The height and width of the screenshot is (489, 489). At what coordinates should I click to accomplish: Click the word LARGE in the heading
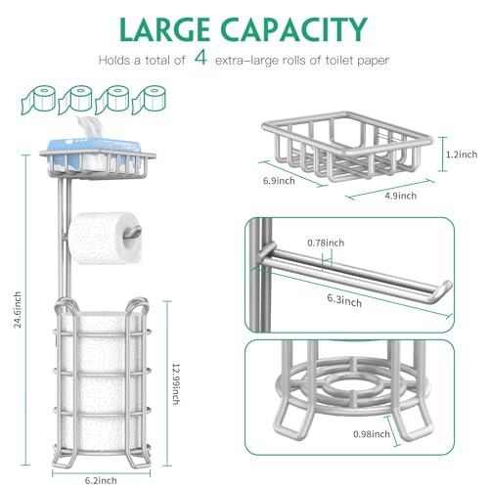(164, 29)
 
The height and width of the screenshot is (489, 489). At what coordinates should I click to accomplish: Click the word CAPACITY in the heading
(294, 29)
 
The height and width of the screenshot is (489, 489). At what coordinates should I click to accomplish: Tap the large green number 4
(200, 58)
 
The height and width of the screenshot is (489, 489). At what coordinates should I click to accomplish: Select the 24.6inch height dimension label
(18, 309)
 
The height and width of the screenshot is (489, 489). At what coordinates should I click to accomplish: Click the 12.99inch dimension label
(176, 384)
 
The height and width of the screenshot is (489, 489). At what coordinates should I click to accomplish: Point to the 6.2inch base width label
(101, 480)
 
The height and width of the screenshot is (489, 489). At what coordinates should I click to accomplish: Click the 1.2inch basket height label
(462, 155)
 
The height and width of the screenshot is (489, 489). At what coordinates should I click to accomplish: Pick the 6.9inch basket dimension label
(279, 181)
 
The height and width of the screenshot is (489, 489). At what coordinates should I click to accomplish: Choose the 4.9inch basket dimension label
(401, 196)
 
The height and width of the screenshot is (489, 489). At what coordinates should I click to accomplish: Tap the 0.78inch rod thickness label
(326, 243)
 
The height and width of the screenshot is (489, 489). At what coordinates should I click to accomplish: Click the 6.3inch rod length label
(344, 300)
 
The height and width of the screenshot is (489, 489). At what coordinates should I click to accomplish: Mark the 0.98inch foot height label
(372, 434)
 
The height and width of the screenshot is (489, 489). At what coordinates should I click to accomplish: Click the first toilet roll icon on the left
(38, 100)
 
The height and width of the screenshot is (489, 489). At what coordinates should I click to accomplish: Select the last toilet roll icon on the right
(149, 100)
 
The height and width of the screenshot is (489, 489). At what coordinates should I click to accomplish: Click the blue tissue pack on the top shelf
(95, 156)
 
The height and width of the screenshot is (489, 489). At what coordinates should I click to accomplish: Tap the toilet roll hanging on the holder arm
(105, 238)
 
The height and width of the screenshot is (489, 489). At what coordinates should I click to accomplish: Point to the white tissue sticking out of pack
(89, 127)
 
